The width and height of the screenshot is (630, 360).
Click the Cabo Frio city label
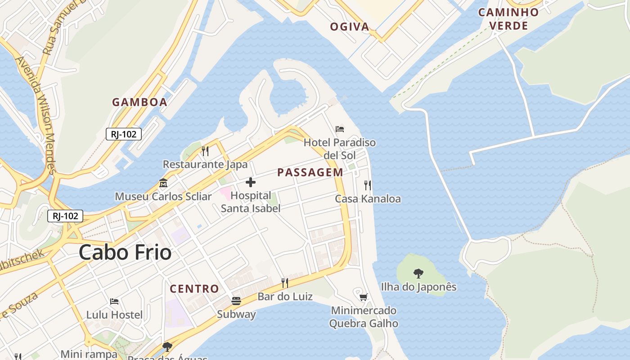coord(125,252)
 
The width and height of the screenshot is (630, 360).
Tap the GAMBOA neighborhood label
coord(139,102)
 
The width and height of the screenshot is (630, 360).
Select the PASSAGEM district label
coord(310,172)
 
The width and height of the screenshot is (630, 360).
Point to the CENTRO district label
coord(194,289)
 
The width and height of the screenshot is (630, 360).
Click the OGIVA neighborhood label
coord(350,27)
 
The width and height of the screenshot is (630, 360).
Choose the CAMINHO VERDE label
coord(508,19)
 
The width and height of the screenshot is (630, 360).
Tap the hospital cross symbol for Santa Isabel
coord(251,182)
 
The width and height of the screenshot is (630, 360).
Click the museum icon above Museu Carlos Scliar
coord(163,183)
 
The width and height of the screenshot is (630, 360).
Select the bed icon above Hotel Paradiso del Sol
coord(340,130)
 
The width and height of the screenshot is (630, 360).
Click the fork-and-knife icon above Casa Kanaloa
coord(368,185)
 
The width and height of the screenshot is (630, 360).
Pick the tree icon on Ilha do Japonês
coord(418,273)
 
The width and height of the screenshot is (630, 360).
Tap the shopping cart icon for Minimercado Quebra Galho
coord(364,297)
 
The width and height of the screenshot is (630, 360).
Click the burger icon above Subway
coord(236,301)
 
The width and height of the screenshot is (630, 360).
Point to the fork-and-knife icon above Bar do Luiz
coord(285,283)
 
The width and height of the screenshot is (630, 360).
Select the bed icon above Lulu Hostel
coord(114,301)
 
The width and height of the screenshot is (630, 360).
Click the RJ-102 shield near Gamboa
coord(124,134)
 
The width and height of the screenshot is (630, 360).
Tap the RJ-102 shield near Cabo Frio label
coord(66,216)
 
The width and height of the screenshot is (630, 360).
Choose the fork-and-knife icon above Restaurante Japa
coord(205,151)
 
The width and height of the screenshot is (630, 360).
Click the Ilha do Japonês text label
coord(418,287)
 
